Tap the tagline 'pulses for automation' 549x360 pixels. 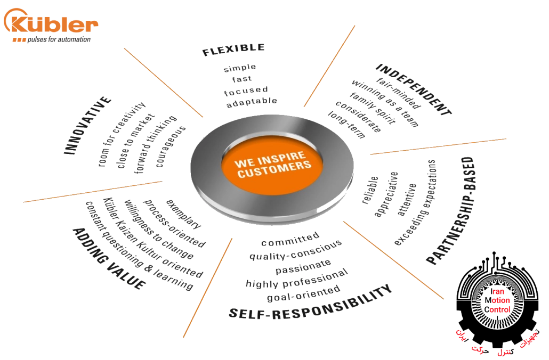tap(59, 39)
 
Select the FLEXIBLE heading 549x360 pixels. tap(233, 50)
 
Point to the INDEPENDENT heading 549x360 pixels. tap(414, 89)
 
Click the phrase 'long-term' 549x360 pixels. tap(346, 125)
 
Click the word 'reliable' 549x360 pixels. tap(370, 190)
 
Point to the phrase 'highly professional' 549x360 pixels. tap(297, 279)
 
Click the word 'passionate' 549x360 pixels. tap(303, 267)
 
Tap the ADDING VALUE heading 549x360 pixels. tap(109, 258)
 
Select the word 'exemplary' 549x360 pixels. tap(183, 214)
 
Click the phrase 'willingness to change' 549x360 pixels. tap(159, 229)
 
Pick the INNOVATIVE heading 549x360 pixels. tap(87, 125)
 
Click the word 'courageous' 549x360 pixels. tap(170, 146)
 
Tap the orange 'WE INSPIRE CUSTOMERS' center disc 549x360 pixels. tap(272, 165)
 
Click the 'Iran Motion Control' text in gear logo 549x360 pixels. tap(497, 300)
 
